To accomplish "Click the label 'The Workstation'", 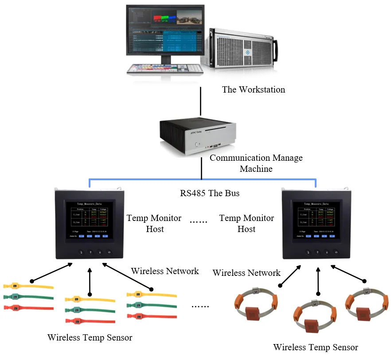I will click(253, 89).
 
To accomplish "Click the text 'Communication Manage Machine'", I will click(256, 163).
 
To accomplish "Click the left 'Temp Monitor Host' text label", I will click(154, 223).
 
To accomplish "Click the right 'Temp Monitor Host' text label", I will click(246, 223).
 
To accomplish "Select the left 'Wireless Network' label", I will click(165, 271).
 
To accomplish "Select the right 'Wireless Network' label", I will click(246, 273).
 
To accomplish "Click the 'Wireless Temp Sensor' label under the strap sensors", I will click(90, 337).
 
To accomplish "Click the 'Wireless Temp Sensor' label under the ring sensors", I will click(315, 347).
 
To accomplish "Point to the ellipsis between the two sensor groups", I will click(200, 306).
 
